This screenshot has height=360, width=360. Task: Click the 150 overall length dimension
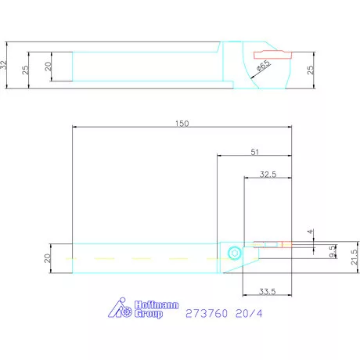click(x=182, y=124)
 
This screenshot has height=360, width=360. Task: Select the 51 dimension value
click(x=254, y=152)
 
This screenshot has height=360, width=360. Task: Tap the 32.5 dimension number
click(x=268, y=175)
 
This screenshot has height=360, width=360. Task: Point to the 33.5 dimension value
click(x=268, y=291)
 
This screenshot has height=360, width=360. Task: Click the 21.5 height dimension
click(x=355, y=257)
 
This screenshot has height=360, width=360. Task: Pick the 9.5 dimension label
click(x=333, y=252)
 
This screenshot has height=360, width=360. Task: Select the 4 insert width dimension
click(x=310, y=232)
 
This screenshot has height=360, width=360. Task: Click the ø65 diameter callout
click(x=264, y=66)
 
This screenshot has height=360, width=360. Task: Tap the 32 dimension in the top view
click(x=3, y=65)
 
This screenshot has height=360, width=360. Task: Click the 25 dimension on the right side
click(x=310, y=70)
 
